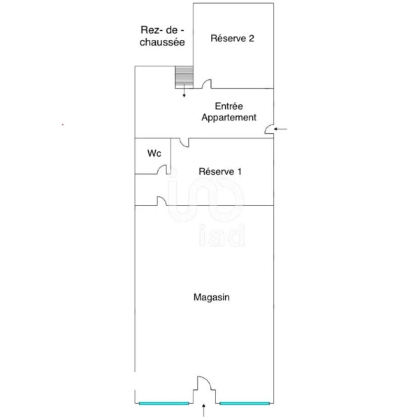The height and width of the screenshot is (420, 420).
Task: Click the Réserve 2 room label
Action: [232, 38]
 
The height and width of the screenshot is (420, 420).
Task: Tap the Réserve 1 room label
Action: [220, 171]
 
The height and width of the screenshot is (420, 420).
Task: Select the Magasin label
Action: [211, 297]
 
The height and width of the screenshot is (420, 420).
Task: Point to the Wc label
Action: [154, 153]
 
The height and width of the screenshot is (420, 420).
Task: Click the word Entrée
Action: [229, 106]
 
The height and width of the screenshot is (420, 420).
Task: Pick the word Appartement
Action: [229, 118]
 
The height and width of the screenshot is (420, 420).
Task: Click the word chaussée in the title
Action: [162, 42]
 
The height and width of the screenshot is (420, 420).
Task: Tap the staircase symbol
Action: [184, 77]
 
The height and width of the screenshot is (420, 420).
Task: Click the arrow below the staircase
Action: [184, 91]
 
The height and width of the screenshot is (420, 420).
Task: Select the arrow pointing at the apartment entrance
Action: [280, 129]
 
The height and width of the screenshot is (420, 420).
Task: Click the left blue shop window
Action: [164, 403]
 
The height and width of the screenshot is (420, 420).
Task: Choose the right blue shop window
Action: [245, 403]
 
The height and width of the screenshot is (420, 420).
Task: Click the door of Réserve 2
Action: [207, 84]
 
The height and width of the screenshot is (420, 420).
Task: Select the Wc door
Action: [162, 169]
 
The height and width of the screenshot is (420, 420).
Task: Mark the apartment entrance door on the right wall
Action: [269, 129]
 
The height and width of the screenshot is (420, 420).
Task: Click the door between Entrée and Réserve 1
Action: [184, 143]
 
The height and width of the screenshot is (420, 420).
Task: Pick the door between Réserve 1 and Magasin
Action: [162, 201]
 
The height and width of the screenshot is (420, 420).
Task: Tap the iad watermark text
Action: [222, 236]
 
